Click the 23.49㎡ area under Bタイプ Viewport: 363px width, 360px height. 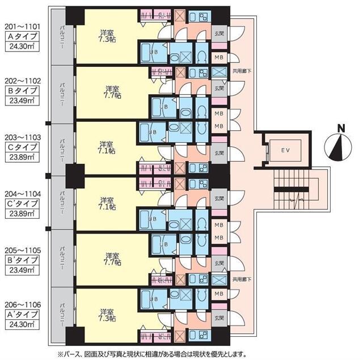(x=22, y=103)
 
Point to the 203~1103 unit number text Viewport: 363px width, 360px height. (x=22, y=137)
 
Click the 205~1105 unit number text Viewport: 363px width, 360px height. (x=22, y=248)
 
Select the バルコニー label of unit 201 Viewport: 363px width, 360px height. (x=62, y=37)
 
